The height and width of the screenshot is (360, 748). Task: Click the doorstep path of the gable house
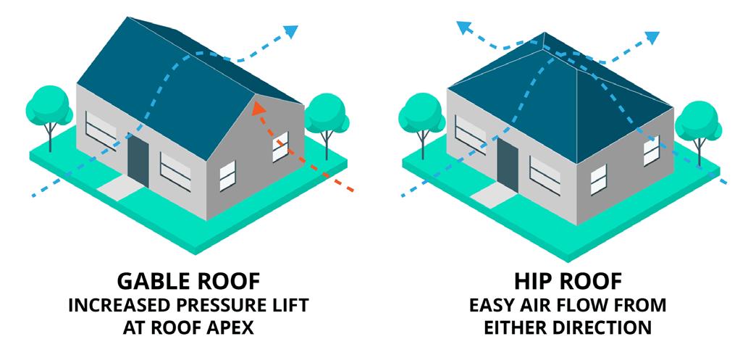tap(118, 189)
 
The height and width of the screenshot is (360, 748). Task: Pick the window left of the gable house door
tap(101, 130)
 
